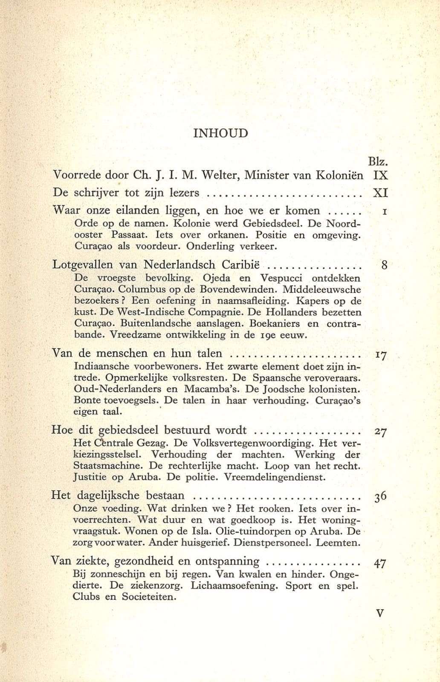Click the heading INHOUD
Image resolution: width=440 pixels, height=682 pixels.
pyautogui.click(x=220, y=133)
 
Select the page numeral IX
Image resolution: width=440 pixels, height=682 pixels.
pyautogui.click(x=380, y=175)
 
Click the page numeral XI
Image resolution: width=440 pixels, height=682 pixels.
pyautogui.click(x=380, y=193)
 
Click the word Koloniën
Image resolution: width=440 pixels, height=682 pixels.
pyautogui.click(x=339, y=175)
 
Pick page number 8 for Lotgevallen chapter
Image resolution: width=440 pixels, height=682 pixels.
pyautogui.click(x=384, y=265)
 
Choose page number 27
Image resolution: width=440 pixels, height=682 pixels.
pyautogui.click(x=381, y=431)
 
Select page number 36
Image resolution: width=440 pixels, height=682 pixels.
pyautogui.click(x=381, y=497)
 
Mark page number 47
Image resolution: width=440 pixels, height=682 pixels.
pyautogui.click(x=380, y=563)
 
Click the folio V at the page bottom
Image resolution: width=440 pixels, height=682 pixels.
pyautogui.click(x=381, y=613)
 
